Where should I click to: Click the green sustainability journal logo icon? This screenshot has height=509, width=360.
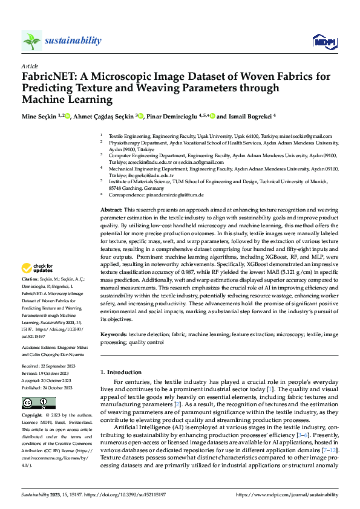click(x=31, y=41)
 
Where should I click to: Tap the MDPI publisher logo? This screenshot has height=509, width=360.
click(x=324, y=41)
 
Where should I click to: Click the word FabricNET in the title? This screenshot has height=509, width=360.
click(x=47, y=77)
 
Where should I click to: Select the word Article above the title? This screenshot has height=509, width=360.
click(x=30, y=66)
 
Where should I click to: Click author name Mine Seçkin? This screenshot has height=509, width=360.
click(x=39, y=116)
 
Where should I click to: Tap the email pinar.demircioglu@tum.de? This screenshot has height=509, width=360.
click(x=172, y=195)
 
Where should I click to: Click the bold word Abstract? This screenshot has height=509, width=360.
click(x=112, y=208)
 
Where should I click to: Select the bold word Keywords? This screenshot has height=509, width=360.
click(x=114, y=333)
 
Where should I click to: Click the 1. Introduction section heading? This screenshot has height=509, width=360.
click(x=120, y=372)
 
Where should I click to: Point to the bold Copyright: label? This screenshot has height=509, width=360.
click(x=32, y=416)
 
